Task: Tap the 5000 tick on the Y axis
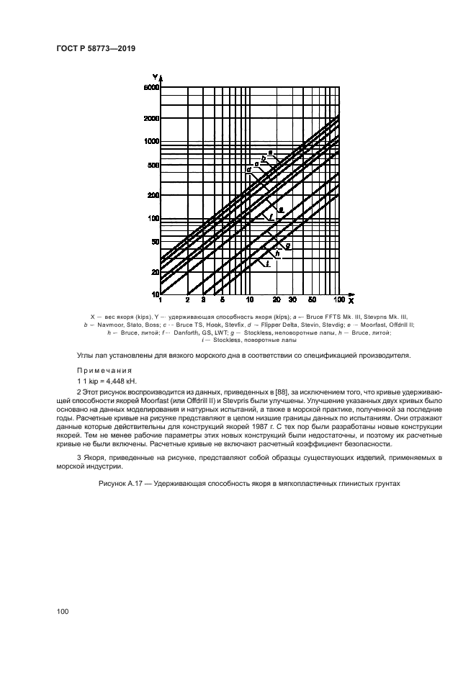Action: point(151,88)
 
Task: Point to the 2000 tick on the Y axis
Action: point(151,117)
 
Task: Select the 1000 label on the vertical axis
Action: point(151,141)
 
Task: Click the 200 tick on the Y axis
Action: point(153,195)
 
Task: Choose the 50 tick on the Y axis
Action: point(154,242)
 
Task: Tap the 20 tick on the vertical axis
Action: point(154,271)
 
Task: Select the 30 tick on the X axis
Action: point(293,299)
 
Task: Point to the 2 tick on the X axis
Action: point(187,299)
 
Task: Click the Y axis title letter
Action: point(156,76)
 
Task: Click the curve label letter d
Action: point(248,170)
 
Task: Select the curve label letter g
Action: point(287,246)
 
